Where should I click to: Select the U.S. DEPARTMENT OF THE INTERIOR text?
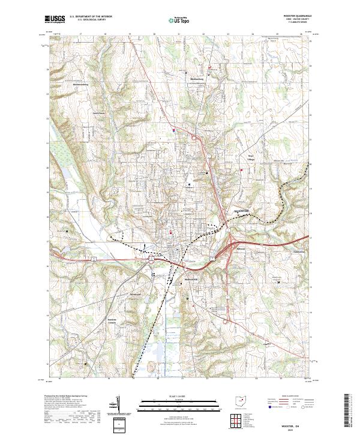tap(91, 17)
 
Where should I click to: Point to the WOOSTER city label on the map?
tap(241, 211)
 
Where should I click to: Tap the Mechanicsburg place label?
tap(80, 85)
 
